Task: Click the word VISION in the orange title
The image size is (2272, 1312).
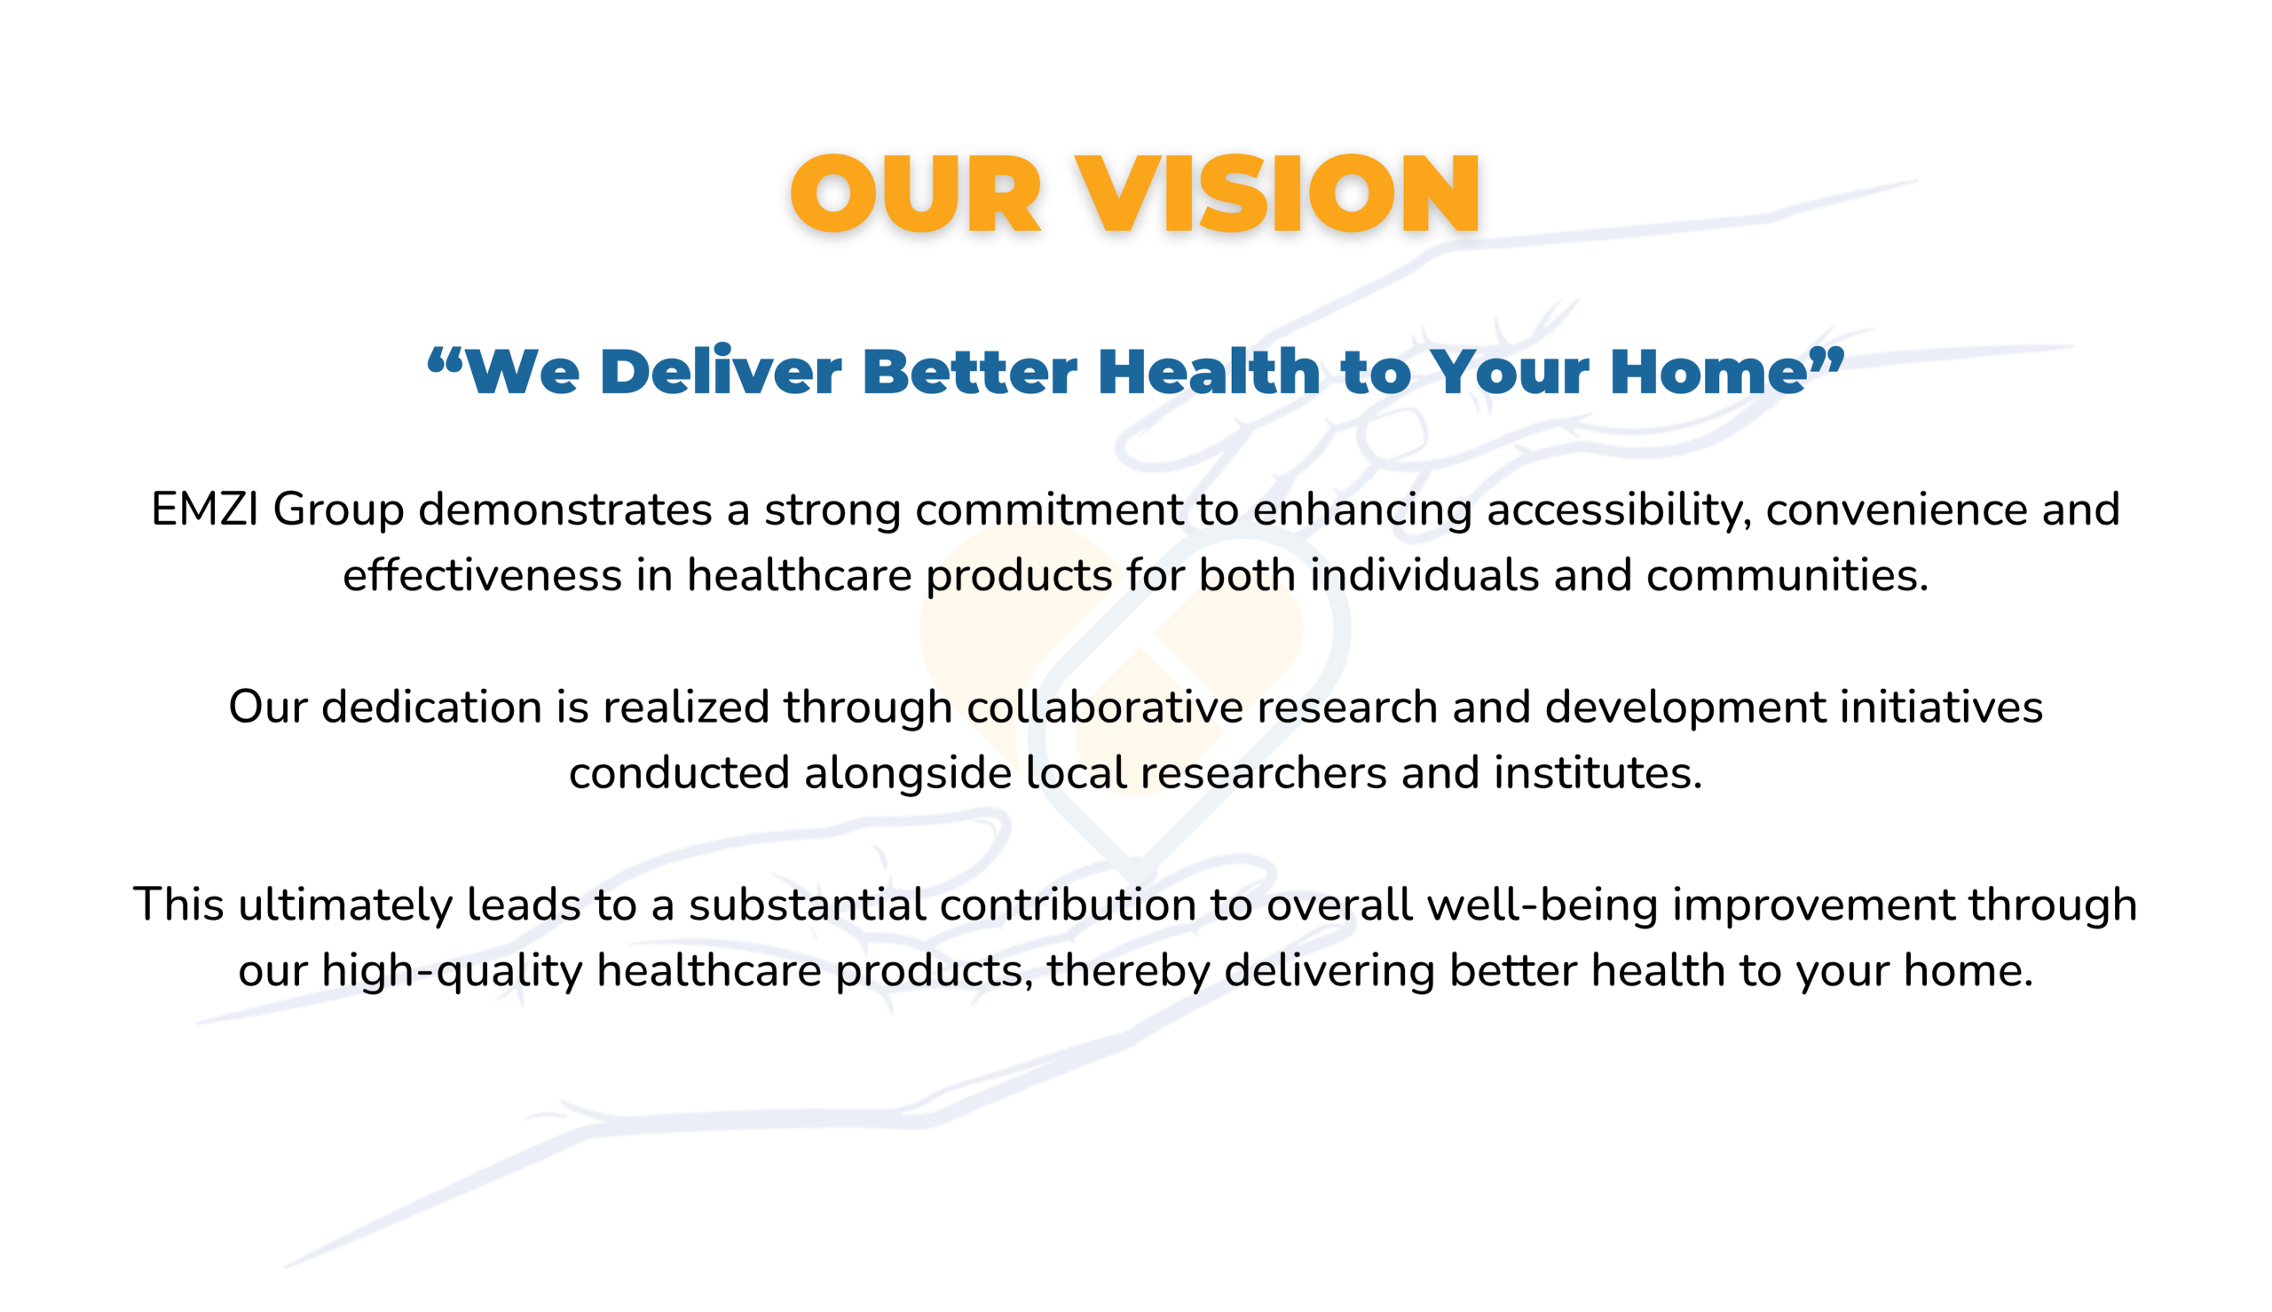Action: tap(1277, 193)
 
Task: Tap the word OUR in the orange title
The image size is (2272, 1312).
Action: tap(915, 193)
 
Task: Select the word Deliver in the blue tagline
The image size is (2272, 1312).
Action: tap(720, 371)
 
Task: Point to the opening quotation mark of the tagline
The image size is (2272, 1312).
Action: tap(445, 360)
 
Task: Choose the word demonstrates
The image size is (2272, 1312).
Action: tap(565, 510)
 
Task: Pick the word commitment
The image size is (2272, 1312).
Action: tap(1050, 510)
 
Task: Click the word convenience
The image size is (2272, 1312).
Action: tap(1897, 510)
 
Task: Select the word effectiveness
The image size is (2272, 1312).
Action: tap(482, 575)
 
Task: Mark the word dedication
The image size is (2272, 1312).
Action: tap(431, 707)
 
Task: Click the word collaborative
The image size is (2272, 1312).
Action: tap(1104, 707)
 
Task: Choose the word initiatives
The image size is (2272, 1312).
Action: tap(1940, 707)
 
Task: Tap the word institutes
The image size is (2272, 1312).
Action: tap(1597, 772)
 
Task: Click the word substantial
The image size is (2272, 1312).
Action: tap(808, 904)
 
